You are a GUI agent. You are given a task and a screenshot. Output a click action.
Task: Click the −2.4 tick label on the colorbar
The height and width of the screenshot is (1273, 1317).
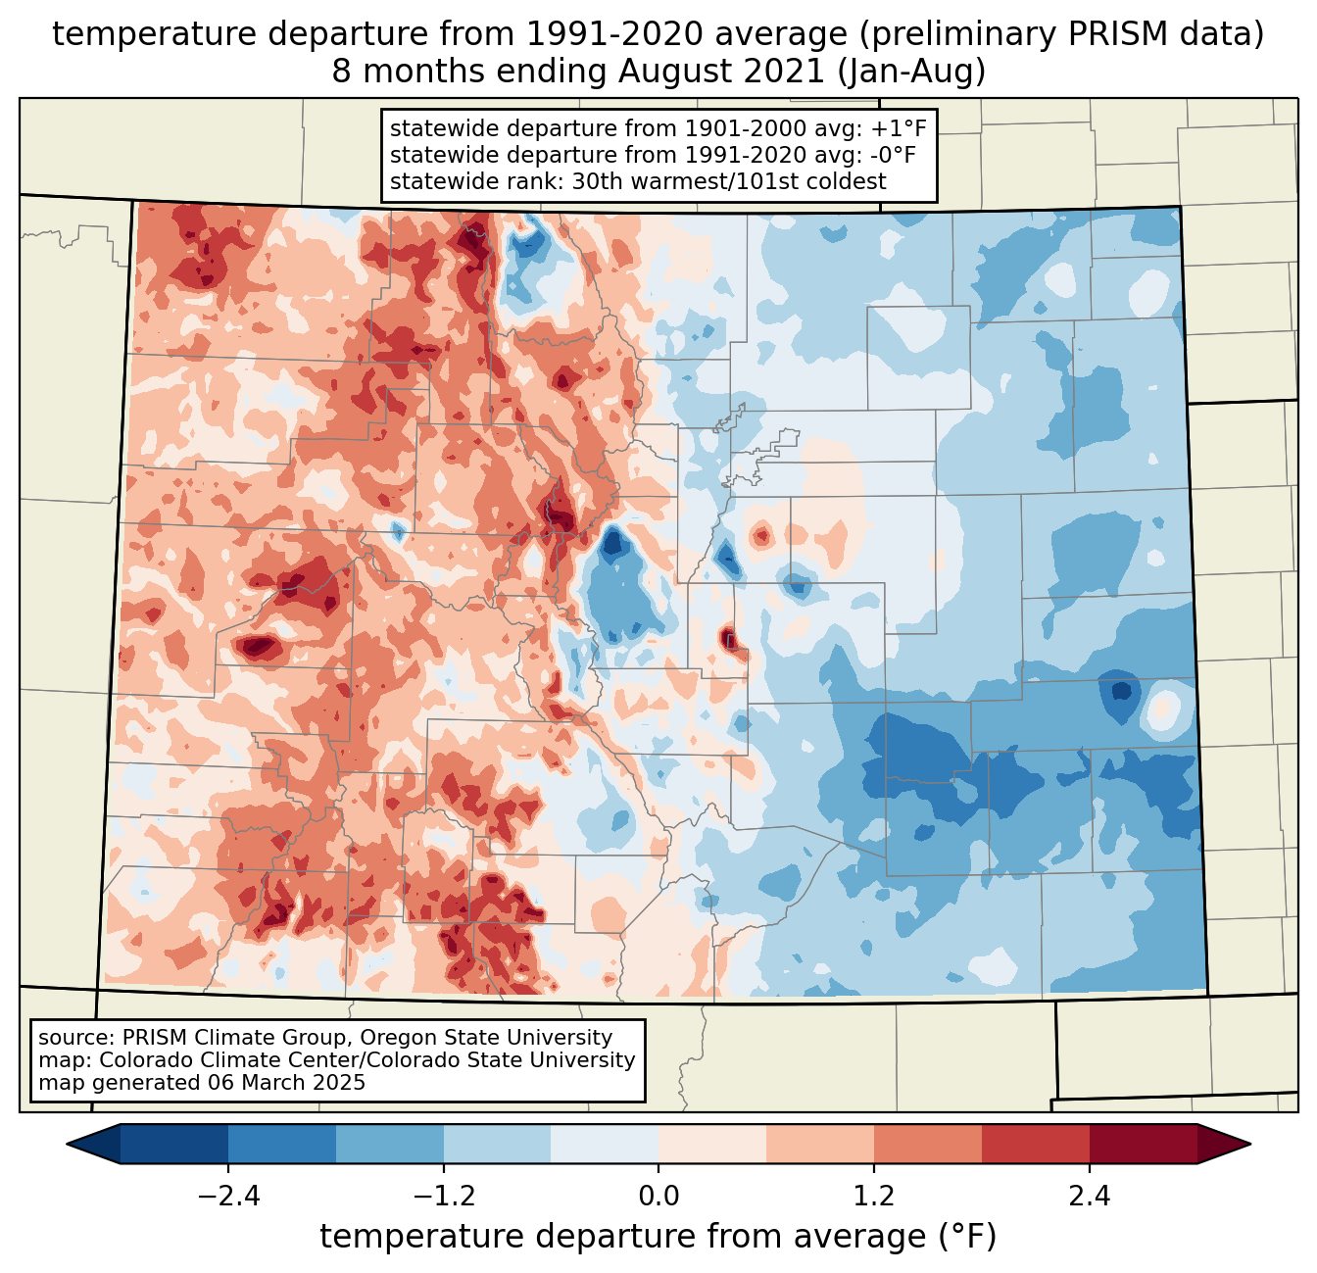point(227,1197)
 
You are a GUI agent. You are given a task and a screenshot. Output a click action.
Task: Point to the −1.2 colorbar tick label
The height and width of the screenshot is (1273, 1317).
point(443,1197)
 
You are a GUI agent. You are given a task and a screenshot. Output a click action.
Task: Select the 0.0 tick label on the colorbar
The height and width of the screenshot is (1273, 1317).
point(658,1197)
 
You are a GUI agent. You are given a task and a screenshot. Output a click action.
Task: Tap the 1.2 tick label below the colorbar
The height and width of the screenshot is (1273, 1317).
point(874,1197)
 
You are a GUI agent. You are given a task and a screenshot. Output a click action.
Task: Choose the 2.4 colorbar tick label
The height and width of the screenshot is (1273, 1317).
point(1089,1197)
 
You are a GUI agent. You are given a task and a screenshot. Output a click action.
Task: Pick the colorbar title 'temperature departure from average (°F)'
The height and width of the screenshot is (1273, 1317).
point(658,1237)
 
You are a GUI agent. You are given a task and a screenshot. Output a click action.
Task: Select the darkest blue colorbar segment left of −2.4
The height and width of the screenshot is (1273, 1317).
point(174,1144)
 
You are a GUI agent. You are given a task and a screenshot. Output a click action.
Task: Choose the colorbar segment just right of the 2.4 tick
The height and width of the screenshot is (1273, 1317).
point(1143,1144)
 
